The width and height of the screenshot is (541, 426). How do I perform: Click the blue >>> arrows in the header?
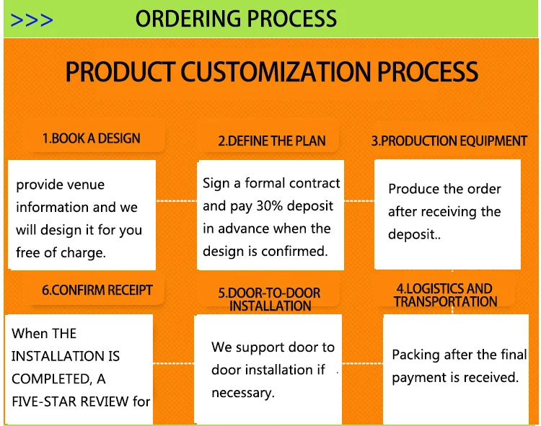pyautogui.click(x=32, y=19)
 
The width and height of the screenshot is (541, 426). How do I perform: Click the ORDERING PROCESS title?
pyautogui.click(x=236, y=19)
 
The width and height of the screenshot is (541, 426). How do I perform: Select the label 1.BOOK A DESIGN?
pyautogui.click(x=91, y=138)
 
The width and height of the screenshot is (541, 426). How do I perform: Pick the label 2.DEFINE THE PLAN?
pyautogui.click(x=272, y=141)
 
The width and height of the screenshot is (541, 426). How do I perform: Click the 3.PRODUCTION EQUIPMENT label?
pyautogui.click(x=449, y=141)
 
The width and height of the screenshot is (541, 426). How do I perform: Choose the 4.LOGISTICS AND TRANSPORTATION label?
pyautogui.click(x=444, y=296)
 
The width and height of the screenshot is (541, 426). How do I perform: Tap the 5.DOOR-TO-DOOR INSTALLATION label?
pyautogui.click(x=269, y=299)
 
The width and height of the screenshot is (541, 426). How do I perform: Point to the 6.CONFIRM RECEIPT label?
pyautogui.click(x=97, y=290)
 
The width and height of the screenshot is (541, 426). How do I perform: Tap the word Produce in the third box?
pyautogui.click(x=413, y=189)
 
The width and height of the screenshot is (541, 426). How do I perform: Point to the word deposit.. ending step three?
pyautogui.click(x=414, y=235)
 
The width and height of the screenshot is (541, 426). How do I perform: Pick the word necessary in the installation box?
pyautogui.click(x=242, y=393)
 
